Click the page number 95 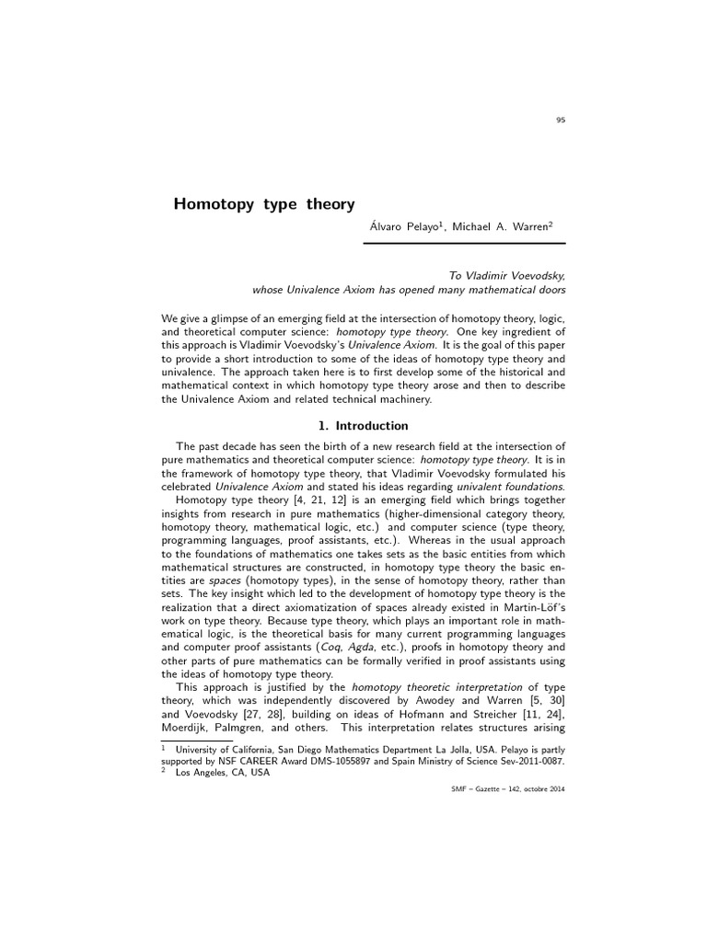pos(561,120)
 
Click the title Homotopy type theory pos(264,203)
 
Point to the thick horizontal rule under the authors pos(464,244)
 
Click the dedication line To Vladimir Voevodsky pos(506,274)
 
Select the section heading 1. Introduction pos(363,426)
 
